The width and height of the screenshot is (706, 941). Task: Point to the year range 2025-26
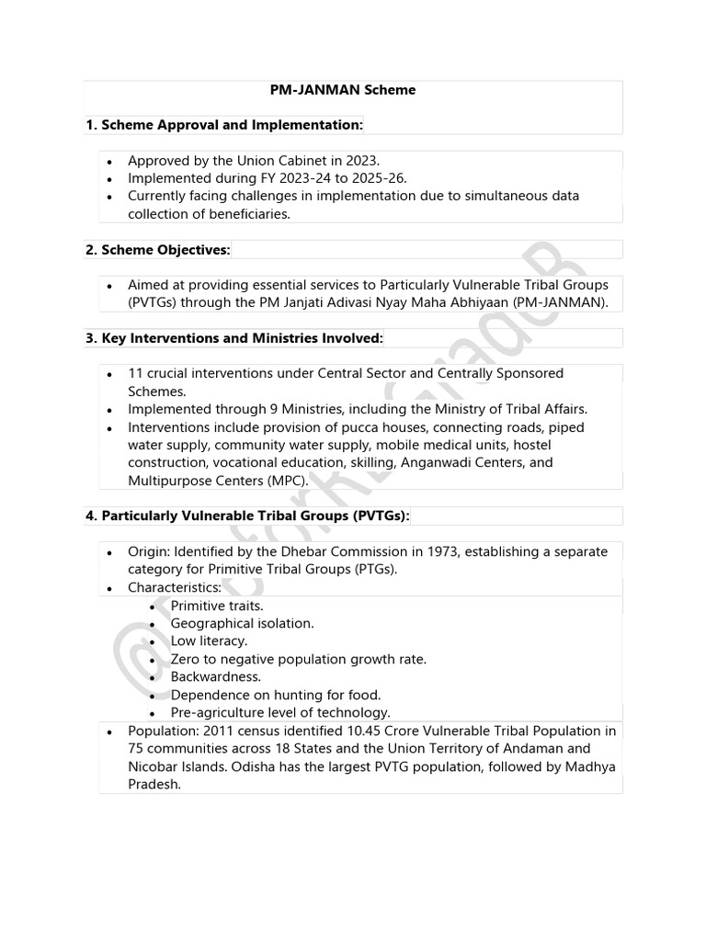click(x=374, y=178)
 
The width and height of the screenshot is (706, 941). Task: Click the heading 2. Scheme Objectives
click(x=158, y=250)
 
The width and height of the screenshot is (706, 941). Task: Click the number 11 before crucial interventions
click(x=135, y=374)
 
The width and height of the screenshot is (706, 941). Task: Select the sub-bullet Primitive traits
click(x=217, y=606)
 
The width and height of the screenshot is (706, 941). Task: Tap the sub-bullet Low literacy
click(x=209, y=641)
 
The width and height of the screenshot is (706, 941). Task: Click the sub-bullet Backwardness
click(x=216, y=676)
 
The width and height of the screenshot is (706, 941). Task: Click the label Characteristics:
click(x=174, y=587)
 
